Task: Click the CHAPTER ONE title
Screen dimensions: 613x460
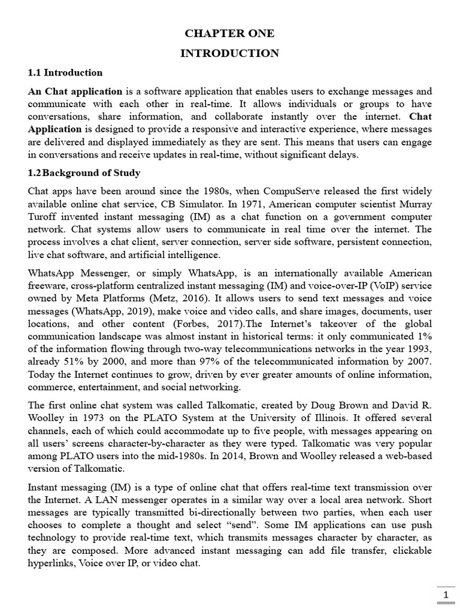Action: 229,34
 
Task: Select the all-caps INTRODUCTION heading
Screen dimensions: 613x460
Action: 229,53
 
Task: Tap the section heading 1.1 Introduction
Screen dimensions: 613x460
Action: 65,72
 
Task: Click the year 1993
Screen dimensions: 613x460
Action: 417,350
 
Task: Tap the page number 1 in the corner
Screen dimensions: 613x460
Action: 445,595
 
